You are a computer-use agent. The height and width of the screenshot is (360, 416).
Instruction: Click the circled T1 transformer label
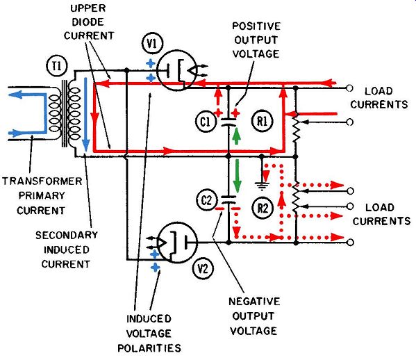(56, 66)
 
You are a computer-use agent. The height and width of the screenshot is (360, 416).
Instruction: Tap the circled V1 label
(152, 44)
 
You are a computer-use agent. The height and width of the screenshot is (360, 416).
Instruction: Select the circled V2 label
(203, 269)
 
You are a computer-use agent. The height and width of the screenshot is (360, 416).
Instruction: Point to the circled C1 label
(206, 122)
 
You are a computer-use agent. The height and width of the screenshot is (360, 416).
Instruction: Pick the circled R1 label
(262, 122)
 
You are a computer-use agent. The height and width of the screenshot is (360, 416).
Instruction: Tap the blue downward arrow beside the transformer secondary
(85, 115)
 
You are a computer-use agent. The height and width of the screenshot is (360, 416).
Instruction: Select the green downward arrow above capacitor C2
(236, 176)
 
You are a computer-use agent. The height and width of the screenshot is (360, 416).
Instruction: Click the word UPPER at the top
(88, 8)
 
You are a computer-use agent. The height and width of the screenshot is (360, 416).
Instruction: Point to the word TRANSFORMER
(42, 181)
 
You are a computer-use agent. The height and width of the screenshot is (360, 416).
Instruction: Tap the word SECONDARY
(67, 235)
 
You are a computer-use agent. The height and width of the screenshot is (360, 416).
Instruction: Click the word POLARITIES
(149, 348)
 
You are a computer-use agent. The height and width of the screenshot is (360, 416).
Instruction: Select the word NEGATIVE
(254, 302)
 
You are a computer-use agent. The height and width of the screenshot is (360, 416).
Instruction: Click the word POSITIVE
(256, 26)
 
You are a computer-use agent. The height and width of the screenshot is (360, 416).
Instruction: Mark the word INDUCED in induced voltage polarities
(149, 318)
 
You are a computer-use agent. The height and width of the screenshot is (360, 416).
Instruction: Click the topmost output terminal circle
(349, 88)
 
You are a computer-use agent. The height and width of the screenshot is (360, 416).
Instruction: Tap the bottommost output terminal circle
(351, 242)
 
